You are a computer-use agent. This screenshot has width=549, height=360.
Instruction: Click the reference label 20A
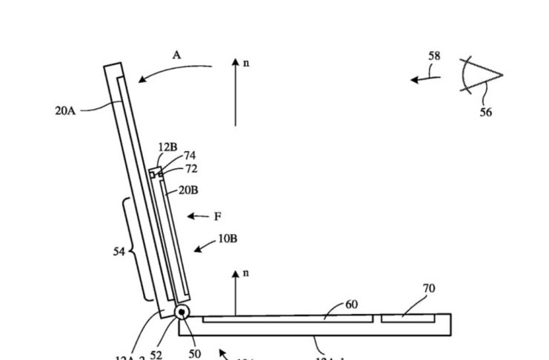pyautogui.click(x=65, y=110)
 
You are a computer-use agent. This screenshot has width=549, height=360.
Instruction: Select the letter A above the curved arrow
pyautogui.click(x=176, y=55)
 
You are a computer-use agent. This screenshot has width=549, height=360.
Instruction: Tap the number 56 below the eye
pyautogui.click(x=485, y=113)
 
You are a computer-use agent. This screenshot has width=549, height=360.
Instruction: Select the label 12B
pyautogui.click(x=167, y=147)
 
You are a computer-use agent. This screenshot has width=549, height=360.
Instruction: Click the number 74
pyautogui.click(x=190, y=156)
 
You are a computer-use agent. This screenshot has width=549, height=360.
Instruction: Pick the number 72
pyautogui.click(x=191, y=169)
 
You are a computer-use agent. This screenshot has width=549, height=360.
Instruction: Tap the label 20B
pyautogui.click(x=188, y=190)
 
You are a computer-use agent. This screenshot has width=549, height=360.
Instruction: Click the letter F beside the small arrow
pyautogui.click(x=218, y=217)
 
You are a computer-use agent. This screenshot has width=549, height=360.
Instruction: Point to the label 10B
pyautogui.click(x=228, y=239)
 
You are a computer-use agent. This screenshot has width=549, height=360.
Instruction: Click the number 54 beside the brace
pyautogui.click(x=119, y=252)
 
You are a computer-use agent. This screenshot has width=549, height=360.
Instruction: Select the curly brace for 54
pyautogui.click(x=133, y=250)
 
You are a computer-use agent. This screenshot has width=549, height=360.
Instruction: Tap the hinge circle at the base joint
pyautogui.click(x=182, y=313)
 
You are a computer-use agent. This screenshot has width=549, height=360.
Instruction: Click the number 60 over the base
pyautogui.click(x=351, y=304)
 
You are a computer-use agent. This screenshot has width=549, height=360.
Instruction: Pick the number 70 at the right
pyautogui.click(x=428, y=288)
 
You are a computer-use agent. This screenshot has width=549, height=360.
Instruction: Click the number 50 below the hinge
pyautogui.click(x=194, y=354)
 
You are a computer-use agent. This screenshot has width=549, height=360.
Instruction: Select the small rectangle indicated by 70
pyautogui.click(x=407, y=319)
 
